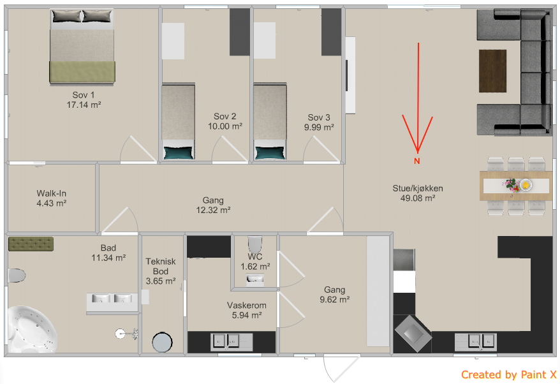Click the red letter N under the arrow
416,161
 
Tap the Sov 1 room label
83,95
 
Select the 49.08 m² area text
418,198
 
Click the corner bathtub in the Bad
31,329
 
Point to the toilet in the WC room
254,245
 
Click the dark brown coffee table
492,71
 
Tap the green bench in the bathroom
31,244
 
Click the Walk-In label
52,193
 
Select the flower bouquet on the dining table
511,186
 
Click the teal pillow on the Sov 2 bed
178,153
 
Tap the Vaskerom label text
247,306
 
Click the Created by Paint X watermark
508,374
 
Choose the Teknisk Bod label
161,266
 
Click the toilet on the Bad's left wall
17,276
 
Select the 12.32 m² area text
213,210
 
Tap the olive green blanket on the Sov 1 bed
82,72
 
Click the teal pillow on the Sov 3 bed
270,153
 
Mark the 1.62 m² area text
255,267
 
